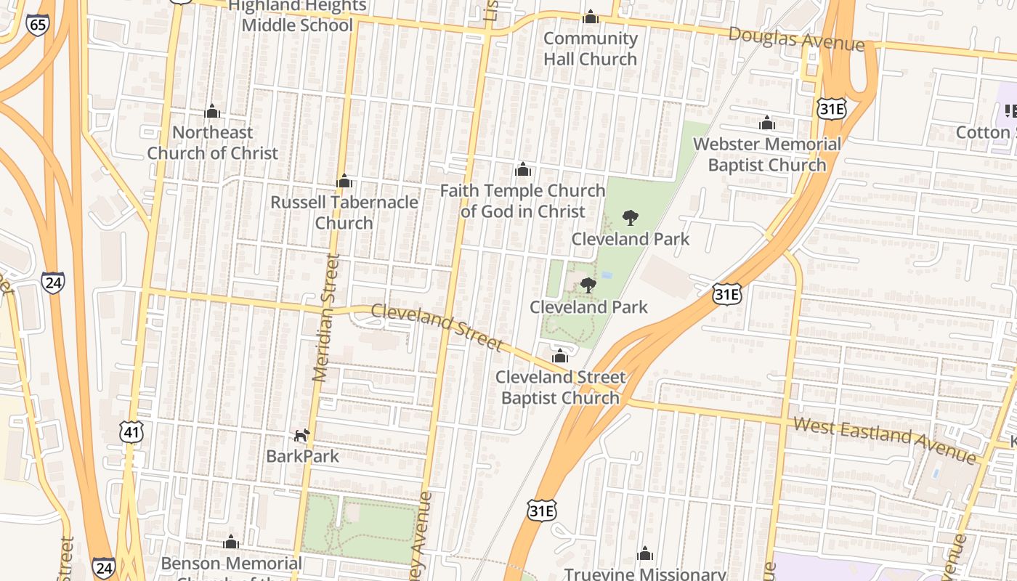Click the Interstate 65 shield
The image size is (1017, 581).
tap(37, 25)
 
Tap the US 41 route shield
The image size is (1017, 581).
tap(131, 432)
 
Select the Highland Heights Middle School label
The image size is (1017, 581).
tap(297, 16)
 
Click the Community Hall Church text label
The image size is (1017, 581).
tap(590, 49)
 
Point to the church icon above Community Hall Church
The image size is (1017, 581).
tap(591, 17)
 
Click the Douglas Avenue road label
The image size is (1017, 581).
tap(796, 39)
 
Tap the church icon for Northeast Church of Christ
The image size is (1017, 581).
tap(212, 112)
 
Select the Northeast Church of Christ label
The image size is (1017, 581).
tap(213, 143)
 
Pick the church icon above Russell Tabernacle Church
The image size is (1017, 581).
tap(344, 181)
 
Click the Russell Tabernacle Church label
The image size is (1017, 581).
tap(344, 212)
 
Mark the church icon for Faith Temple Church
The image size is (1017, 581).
tap(522, 170)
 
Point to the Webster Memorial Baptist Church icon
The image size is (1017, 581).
tap(767, 123)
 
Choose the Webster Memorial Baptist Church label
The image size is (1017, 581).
tap(767, 155)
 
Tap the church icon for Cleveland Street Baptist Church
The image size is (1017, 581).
tap(560, 356)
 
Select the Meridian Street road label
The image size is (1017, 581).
tap(325, 317)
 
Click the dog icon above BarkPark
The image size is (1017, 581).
tap(302, 435)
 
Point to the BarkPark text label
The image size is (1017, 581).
tap(302, 456)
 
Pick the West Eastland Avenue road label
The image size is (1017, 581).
tap(885, 439)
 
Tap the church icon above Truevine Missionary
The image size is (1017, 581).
tap(645, 555)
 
